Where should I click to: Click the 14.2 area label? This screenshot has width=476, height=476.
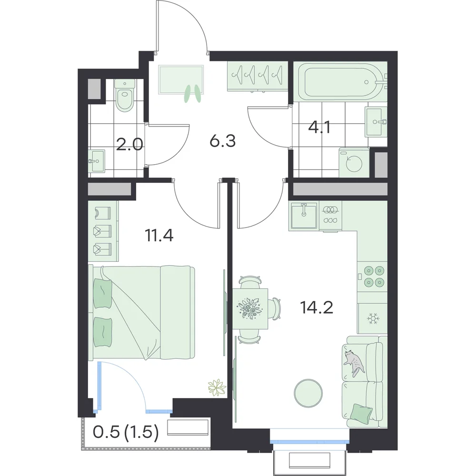click(317, 307)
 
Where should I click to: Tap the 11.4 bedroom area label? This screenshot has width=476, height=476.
click(159, 235)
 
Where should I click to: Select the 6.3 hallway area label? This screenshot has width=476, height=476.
click(222, 141)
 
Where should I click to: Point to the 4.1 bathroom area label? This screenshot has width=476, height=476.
click(319, 127)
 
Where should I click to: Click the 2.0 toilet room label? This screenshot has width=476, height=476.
click(129, 145)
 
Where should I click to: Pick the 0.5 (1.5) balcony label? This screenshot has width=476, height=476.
click(126, 432)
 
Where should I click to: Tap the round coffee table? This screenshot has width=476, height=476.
click(308, 393)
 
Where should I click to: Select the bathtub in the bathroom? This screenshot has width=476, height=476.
click(340, 82)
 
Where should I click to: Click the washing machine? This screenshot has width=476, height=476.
click(354, 163)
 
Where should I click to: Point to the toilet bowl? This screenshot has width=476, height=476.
click(125, 94)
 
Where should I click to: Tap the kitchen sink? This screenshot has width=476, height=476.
click(304, 215)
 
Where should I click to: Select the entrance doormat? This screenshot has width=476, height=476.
click(181, 79)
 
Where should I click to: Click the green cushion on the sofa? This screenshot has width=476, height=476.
click(361, 412)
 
